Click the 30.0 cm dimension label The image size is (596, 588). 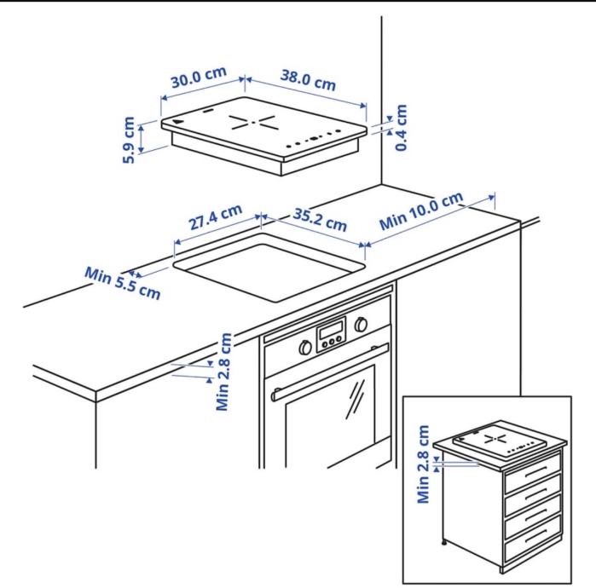(199, 77)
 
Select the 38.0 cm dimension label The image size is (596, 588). (309, 80)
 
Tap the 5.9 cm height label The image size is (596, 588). (129, 140)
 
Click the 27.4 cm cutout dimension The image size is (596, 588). (216, 217)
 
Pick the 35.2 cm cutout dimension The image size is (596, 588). (320, 220)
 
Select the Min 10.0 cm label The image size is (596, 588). (421, 210)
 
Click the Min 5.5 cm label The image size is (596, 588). (123, 283)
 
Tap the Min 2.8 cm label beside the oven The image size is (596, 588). (223, 372)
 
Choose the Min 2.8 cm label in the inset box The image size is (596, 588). (423, 464)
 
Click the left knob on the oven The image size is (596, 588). (305, 348)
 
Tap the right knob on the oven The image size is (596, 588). (361, 325)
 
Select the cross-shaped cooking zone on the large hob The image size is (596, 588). (252, 123)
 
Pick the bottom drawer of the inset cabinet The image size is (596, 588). (533, 539)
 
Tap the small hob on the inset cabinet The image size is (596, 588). (499, 441)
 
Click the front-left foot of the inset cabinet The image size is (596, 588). (444, 544)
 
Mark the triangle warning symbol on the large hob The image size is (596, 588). (177, 122)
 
